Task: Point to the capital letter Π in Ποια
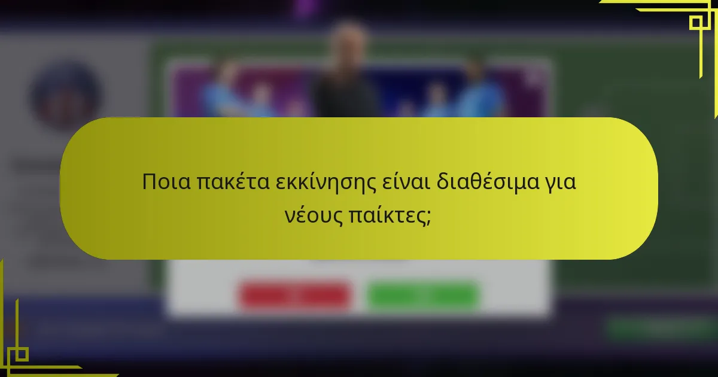pos(148,182)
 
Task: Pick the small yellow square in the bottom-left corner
pos(21,354)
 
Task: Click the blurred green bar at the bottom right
pos(658,327)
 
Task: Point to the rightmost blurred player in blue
pos(479,90)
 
